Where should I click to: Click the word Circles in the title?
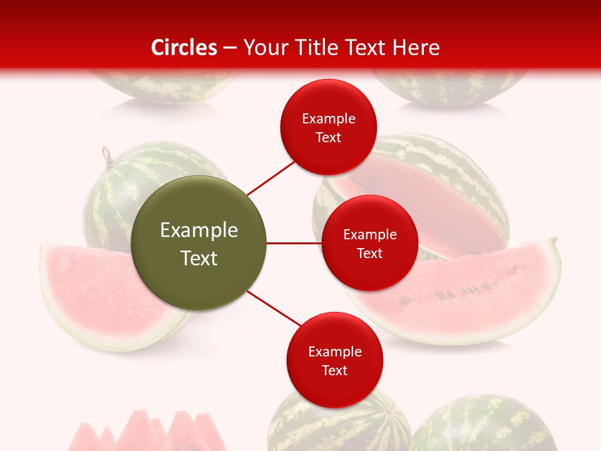click(183, 48)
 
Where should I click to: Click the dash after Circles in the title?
click(230, 48)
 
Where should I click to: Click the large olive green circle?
click(198, 243)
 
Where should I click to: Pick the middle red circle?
click(369, 243)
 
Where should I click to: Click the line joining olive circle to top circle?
click(270, 177)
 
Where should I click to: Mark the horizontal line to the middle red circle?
click(293, 243)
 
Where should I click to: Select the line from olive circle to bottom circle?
click(273, 309)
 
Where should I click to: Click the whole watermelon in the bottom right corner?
click(482, 426)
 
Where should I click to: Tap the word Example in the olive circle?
click(198, 231)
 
